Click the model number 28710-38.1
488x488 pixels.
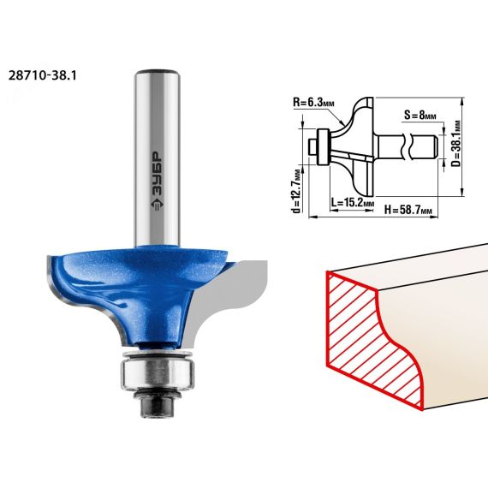pyautogui.click(x=42, y=75)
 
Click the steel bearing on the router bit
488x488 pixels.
pyautogui.click(x=158, y=372)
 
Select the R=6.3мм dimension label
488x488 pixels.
pyautogui.click(x=313, y=103)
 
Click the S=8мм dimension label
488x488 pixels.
pyautogui.click(x=420, y=116)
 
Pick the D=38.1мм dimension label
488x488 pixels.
pyautogui.click(x=456, y=144)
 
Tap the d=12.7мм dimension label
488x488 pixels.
pyautogui.click(x=297, y=191)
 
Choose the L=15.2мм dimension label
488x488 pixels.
pyautogui.click(x=353, y=203)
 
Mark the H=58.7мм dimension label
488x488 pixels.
pyautogui.click(x=408, y=210)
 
